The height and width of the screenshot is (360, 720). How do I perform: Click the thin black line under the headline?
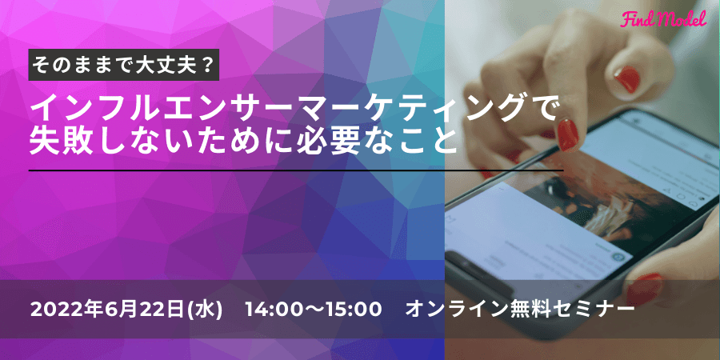296,170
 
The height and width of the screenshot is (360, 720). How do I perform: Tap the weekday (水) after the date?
204,310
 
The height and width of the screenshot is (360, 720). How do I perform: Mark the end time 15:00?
355,310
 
